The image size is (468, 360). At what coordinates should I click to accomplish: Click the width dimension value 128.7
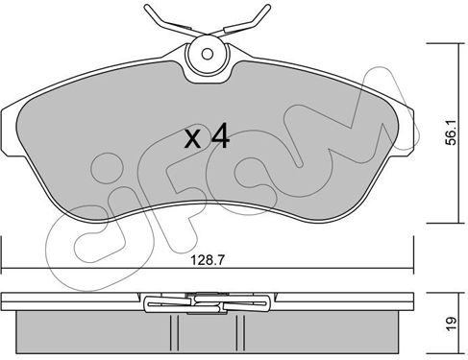[208, 260]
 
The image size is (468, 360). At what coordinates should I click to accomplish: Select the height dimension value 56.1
[451, 133]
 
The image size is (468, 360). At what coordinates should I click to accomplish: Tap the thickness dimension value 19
[451, 324]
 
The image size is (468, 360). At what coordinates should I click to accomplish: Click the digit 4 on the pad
[220, 136]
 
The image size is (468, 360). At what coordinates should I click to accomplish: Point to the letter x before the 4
[193, 140]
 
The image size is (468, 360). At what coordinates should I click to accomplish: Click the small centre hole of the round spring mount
[208, 54]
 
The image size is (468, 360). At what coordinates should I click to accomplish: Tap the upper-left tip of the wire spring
[146, 7]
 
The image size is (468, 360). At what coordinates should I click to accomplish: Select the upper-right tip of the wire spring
[268, 7]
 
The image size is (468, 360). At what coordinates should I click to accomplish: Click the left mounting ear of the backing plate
[10, 132]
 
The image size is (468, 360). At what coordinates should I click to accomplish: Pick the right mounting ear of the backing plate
[406, 132]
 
